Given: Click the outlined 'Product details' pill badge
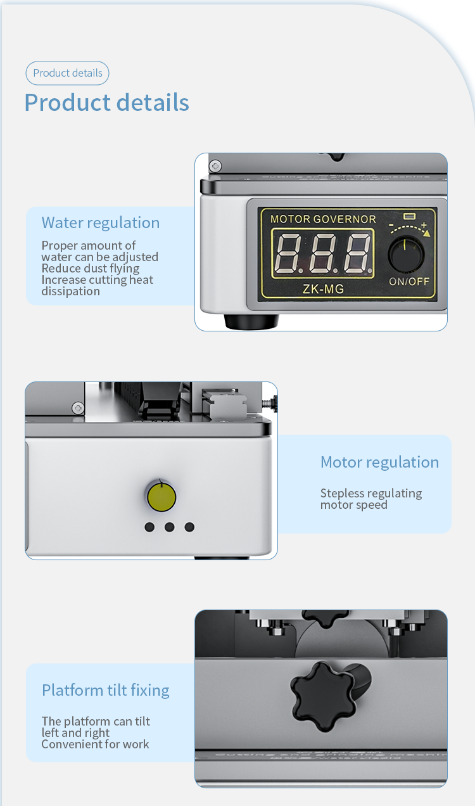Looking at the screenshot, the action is click(x=67, y=73).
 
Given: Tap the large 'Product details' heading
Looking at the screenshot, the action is click(x=107, y=102).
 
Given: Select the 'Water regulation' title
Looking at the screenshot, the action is click(x=101, y=223).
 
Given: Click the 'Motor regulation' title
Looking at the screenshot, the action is click(x=380, y=463).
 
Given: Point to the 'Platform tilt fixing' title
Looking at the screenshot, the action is click(x=106, y=691).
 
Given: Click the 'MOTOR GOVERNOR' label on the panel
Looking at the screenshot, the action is click(x=323, y=219).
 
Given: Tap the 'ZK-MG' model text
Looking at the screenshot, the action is click(x=323, y=289).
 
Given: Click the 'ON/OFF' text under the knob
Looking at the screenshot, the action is click(x=410, y=281).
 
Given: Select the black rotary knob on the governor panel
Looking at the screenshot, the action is click(x=407, y=253).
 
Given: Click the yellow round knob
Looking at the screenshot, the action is click(x=161, y=497).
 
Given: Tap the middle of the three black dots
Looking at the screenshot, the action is click(x=169, y=527).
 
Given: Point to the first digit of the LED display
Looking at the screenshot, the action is click(x=288, y=253).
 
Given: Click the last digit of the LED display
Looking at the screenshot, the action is click(x=357, y=253).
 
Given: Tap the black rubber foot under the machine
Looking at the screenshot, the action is click(x=251, y=321).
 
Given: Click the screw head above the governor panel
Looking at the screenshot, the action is click(x=215, y=166).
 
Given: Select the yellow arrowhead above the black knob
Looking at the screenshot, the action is click(x=427, y=234).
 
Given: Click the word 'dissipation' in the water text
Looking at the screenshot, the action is click(x=70, y=291).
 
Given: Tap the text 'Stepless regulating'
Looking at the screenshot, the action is click(x=371, y=494).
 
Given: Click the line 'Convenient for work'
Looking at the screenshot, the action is click(x=95, y=744).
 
